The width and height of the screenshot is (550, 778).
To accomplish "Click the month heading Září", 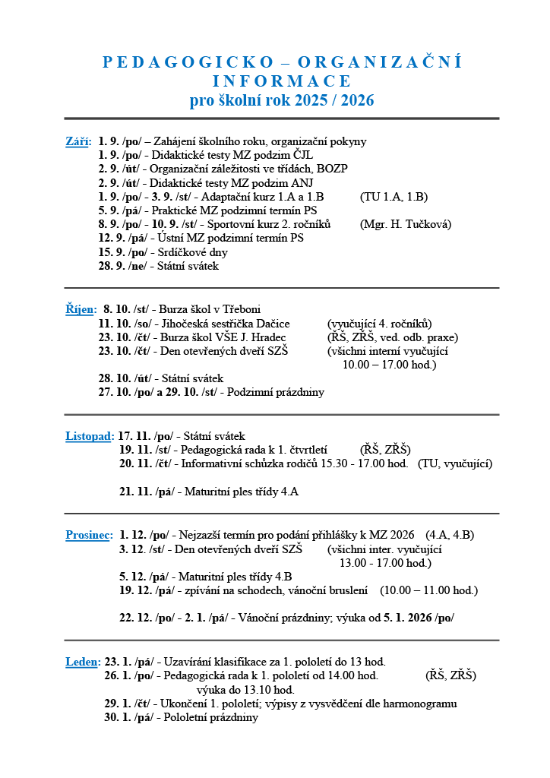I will (77, 141).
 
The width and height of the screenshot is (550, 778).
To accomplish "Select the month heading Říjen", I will (81, 309).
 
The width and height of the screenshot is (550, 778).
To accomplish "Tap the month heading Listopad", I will (89, 436).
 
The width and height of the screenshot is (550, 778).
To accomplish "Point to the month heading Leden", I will (82, 663).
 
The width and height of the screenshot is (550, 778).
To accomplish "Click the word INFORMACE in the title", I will (282, 81).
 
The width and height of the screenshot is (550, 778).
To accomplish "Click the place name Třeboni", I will (239, 309).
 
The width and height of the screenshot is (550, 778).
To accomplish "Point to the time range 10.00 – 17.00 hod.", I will (389, 365).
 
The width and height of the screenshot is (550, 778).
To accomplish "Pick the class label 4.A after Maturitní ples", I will (289, 492).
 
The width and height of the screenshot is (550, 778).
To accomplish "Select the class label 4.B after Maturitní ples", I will (281, 577).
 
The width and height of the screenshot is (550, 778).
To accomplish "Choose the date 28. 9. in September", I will (111, 266).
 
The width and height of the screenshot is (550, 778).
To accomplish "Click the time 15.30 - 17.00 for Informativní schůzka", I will (360, 463).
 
